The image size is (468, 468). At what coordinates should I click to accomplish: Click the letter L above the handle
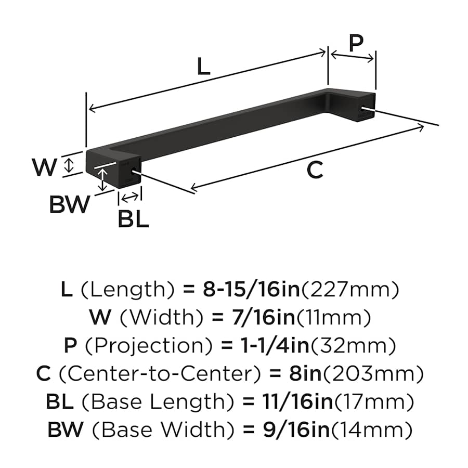(204, 66)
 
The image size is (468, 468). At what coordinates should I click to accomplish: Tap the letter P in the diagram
(356, 43)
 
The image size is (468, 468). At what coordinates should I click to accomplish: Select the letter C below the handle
(315, 170)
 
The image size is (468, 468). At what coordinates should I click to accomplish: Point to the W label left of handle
(45, 167)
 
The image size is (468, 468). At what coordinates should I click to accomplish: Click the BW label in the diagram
(69, 204)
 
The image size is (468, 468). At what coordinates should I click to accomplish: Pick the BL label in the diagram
(133, 219)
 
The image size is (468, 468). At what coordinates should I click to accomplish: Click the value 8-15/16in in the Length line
(251, 289)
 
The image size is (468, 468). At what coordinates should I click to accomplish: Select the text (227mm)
(350, 289)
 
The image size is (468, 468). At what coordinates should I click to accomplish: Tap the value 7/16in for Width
(263, 317)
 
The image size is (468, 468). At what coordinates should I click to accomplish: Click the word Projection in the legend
(149, 346)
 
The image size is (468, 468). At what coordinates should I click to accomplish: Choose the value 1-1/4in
(275, 345)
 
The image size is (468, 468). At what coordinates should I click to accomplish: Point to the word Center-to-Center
(160, 373)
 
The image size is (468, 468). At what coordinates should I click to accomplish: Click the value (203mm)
(373, 373)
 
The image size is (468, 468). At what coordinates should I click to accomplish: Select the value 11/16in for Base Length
(297, 401)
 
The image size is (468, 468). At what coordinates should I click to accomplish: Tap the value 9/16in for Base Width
(296, 429)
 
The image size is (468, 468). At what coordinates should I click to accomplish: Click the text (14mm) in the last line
(372, 430)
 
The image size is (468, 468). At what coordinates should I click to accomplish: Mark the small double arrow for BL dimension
(130, 197)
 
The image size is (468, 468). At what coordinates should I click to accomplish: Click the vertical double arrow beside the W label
(69, 165)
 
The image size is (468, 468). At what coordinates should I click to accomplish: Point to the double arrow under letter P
(352, 56)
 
